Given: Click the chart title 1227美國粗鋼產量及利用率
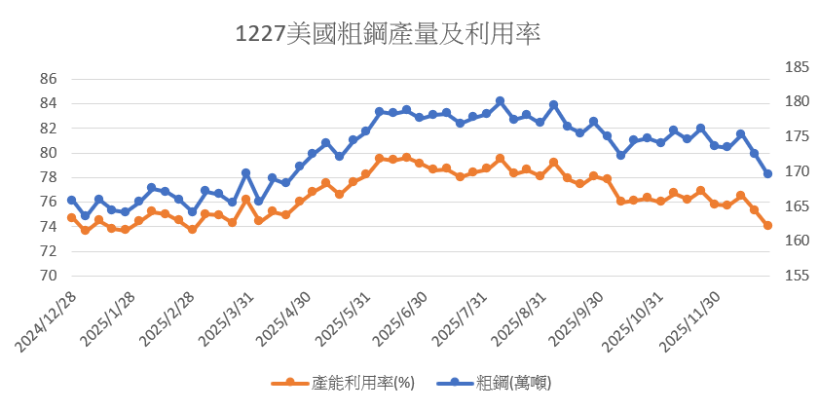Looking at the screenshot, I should [x=388, y=33].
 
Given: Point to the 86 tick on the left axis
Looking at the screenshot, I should [x=49, y=79].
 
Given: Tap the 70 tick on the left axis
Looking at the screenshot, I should [x=49, y=276].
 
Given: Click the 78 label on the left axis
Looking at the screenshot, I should [x=49, y=177].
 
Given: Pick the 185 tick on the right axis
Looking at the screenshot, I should [x=769, y=67].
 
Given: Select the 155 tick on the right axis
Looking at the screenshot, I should [x=769, y=276].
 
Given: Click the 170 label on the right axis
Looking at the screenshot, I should [x=769, y=171].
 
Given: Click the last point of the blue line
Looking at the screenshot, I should [x=767, y=173].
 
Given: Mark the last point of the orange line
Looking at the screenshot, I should [x=767, y=225].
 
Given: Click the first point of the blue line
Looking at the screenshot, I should [x=71, y=200].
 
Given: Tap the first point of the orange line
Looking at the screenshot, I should [x=71, y=217].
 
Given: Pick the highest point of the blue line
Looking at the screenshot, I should [x=500, y=100].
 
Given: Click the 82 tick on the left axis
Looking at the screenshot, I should [x=49, y=128].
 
